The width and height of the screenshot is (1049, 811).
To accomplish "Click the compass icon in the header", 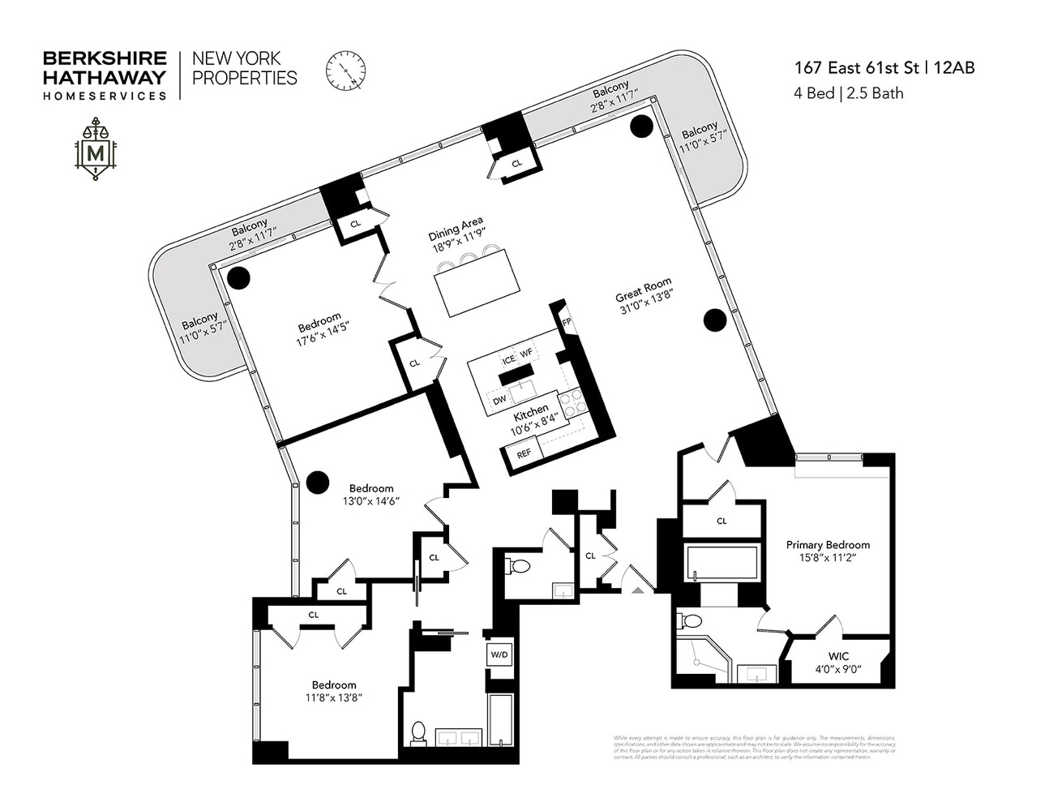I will point(346,71).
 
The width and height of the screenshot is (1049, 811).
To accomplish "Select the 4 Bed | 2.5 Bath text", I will point(848,93).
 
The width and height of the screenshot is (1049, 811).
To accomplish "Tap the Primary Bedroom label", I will point(828,551).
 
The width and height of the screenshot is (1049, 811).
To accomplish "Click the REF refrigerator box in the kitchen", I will point(524,454).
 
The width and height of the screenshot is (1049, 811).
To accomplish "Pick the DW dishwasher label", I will point(499,399).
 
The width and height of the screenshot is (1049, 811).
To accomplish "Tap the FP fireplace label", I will point(566,321).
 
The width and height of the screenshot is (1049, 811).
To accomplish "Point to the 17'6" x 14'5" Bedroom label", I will point(319,328).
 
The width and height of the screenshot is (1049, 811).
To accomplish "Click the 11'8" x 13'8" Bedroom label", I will point(334,690).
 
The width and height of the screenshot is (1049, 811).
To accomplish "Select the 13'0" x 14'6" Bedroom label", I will point(370,494).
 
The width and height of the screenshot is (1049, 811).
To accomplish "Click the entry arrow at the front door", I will point(638,590).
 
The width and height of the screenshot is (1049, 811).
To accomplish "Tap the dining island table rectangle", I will point(477,282).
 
